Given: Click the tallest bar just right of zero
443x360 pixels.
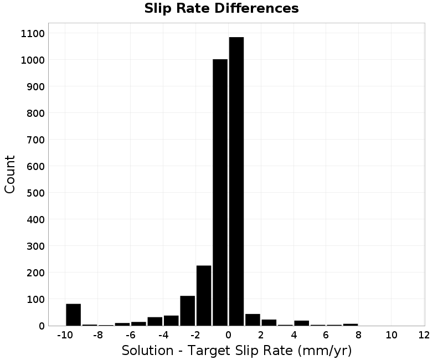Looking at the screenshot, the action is point(236,182).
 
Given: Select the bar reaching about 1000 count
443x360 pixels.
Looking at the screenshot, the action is point(220,192).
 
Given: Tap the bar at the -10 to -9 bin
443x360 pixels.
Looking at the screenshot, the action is point(74,315).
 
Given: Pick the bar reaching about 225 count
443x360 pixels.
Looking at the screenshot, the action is point(204,296).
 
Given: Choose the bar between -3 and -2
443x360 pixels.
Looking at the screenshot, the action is point(188,311).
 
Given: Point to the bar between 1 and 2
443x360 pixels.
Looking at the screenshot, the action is point(253,320).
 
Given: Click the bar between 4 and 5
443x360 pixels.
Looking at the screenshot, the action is point(302,323).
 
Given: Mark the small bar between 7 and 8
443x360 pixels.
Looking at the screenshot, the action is point(351,325).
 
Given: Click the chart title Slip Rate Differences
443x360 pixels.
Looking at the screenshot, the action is point(221,8).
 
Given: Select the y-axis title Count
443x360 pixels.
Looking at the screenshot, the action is point(9,174).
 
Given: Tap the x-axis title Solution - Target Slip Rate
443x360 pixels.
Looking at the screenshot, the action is point(207,351).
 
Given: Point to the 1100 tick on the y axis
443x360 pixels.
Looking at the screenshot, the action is point(33,34).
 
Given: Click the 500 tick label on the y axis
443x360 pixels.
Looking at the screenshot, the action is point(35,193).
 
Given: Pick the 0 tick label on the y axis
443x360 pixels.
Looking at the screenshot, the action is point(42,326).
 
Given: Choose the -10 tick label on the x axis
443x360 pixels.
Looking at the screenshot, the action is point(65,335).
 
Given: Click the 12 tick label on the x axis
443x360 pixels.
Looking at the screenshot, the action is point(424,335).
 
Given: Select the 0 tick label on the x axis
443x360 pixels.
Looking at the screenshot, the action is point(228,335).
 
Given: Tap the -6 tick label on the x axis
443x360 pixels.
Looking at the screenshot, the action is point(131,335).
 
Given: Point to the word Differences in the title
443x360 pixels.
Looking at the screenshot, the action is point(256,8).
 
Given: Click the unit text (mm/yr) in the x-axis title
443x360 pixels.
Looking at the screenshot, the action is point(324,351).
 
